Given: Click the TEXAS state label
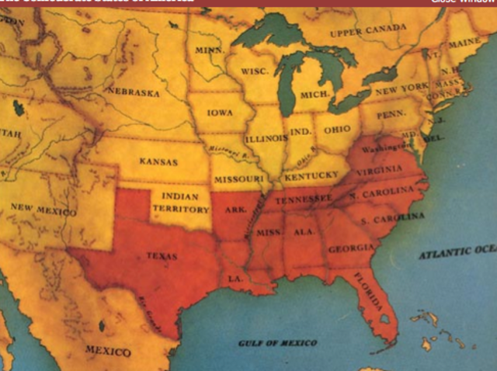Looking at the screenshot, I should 162,255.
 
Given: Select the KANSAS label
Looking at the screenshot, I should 158,162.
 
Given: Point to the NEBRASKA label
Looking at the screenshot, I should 134,92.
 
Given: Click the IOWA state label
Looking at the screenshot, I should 220,113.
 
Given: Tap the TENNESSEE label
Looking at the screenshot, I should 301,199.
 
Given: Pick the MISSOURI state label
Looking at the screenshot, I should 238,179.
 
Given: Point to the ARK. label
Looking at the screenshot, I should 233,208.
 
